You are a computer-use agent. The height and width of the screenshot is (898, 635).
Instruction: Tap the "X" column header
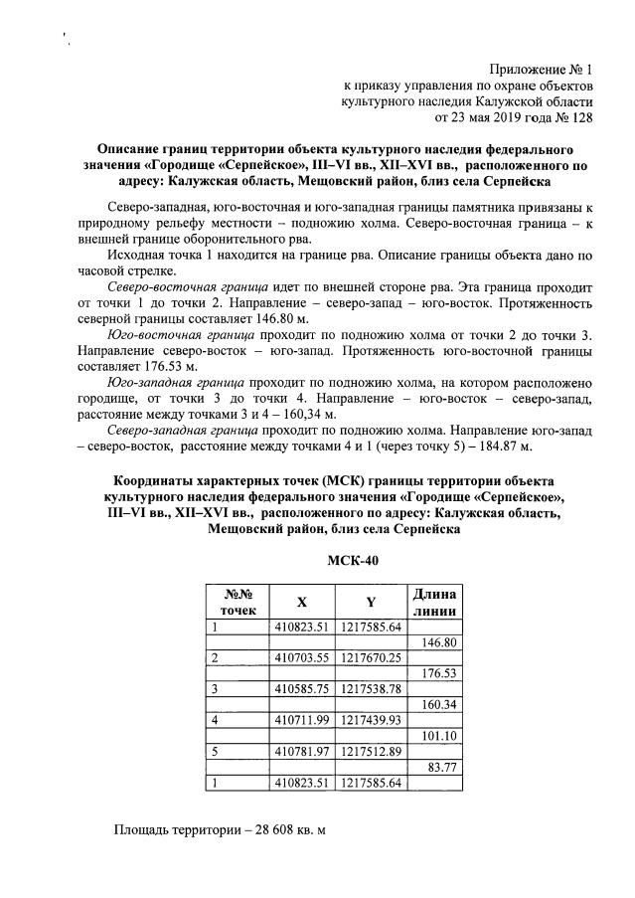pos(301,602)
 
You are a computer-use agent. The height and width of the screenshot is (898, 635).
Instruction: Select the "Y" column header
pos(370,602)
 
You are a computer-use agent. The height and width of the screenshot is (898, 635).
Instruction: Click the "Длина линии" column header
pos(432,602)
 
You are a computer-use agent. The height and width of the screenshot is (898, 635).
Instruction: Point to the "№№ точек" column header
pos(238,602)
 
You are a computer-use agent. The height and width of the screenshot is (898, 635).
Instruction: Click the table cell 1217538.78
pos(371,688)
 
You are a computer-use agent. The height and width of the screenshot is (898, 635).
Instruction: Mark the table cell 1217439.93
pos(371,719)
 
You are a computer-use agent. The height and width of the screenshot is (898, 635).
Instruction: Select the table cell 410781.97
pos(301,751)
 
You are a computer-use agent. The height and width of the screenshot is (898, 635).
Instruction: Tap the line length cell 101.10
pos(438,735)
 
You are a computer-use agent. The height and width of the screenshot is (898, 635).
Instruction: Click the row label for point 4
pos(216,719)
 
